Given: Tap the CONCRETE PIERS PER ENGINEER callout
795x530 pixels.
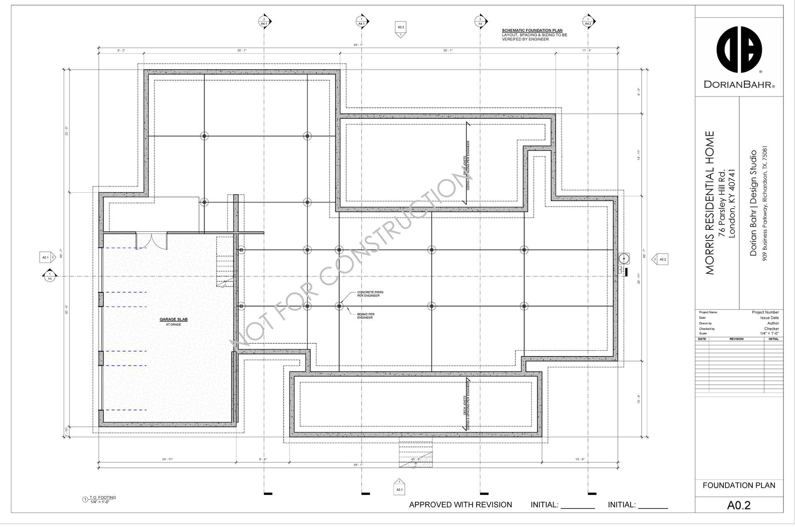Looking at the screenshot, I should pyautogui.click(x=370, y=294).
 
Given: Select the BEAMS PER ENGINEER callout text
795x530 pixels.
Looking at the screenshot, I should pyautogui.click(x=366, y=316).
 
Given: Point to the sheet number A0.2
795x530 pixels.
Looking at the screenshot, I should pyautogui.click(x=739, y=506).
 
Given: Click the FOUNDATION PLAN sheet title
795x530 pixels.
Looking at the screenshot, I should pyautogui.click(x=739, y=485).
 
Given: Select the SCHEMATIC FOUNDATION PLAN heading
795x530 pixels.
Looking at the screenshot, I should pyautogui.click(x=532, y=31).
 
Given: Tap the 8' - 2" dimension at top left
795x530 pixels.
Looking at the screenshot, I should pyautogui.click(x=121, y=51).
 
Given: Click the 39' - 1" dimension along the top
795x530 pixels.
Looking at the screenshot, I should pyautogui.click(x=448, y=51).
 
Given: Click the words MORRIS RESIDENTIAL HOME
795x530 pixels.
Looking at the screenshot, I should pyautogui.click(x=710, y=203).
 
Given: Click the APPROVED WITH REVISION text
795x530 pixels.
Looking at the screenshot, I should pyautogui.click(x=460, y=505).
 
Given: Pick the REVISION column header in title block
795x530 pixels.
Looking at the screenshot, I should pyautogui.click(x=736, y=339).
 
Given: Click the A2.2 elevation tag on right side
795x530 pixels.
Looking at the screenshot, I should pyautogui.click(x=661, y=260).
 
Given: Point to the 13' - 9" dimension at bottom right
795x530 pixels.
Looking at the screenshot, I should pyautogui.click(x=580, y=459).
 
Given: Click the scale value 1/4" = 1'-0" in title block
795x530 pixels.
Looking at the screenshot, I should pyautogui.click(x=769, y=333).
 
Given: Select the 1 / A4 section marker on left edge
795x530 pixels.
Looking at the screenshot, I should pyautogui.click(x=50, y=276).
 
